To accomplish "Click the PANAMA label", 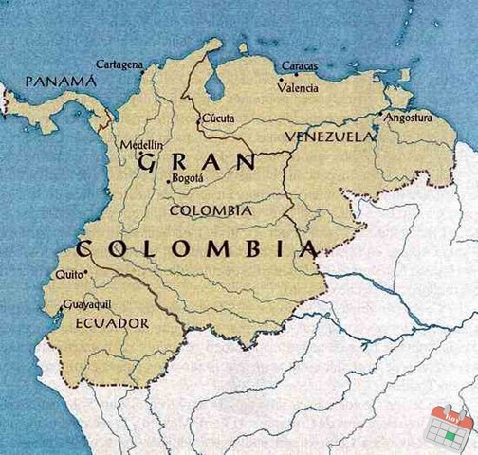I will tap(62, 82).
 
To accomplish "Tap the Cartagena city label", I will tap(119, 64).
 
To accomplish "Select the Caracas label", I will tap(300, 66).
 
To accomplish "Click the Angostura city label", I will tap(409, 118).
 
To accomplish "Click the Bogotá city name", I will tap(188, 179).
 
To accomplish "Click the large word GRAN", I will tap(197, 162).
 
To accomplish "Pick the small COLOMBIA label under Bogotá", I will tap(210, 210).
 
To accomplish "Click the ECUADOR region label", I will tap(111, 323).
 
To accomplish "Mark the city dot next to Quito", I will tap(86, 272).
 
